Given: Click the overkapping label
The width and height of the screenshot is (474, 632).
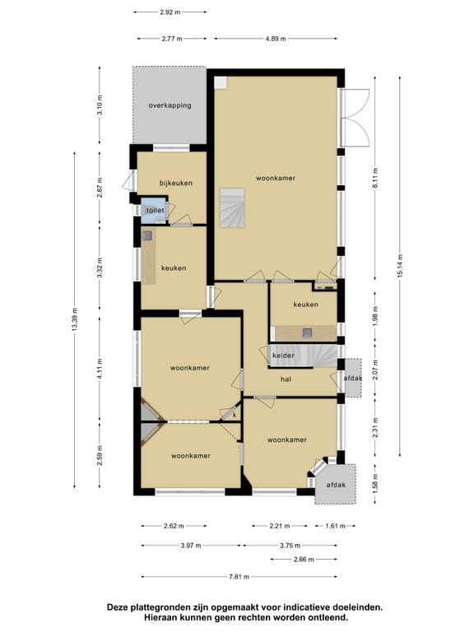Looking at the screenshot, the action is click(x=170, y=105).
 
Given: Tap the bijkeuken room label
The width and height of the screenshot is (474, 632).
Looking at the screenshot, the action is click(x=176, y=183).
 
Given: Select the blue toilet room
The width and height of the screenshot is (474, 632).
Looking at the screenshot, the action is click(x=154, y=211).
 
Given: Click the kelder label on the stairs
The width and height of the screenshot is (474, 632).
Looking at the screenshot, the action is click(x=283, y=355).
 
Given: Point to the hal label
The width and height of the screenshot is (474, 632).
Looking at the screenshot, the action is click(x=286, y=379).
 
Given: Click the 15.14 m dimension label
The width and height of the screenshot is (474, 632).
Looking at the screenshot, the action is click(x=400, y=266).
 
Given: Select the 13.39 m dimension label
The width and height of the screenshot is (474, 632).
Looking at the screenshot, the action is click(x=75, y=319).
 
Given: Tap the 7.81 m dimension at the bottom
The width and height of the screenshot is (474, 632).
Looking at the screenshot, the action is click(x=239, y=577).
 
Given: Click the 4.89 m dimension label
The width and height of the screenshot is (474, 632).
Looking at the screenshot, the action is click(x=276, y=39).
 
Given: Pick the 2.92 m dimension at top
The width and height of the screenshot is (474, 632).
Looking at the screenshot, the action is click(x=170, y=12).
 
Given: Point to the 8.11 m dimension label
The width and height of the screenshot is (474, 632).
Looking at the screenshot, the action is click(x=375, y=178).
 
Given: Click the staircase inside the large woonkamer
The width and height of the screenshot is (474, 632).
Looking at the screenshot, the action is click(x=232, y=207).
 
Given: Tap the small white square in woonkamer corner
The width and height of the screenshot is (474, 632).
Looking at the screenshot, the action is click(x=221, y=82).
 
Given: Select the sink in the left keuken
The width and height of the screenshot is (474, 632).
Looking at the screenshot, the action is click(x=147, y=235).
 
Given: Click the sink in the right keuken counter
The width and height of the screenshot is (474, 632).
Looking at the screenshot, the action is click(x=308, y=332).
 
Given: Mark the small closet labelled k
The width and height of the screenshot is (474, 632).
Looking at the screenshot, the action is click(x=234, y=414).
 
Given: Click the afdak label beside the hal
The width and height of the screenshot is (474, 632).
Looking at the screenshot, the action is click(x=353, y=379).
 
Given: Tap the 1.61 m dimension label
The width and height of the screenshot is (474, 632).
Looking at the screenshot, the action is click(x=336, y=526).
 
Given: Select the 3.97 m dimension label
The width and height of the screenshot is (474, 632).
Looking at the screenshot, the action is click(x=191, y=546).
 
